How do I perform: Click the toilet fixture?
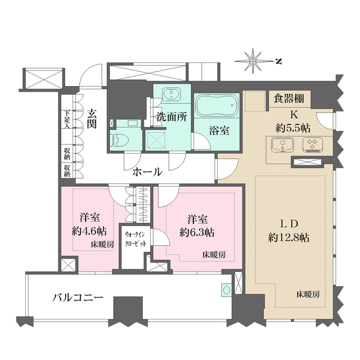tap(118, 139)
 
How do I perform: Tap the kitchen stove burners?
tap(311, 146)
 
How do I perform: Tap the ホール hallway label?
tap(147, 172)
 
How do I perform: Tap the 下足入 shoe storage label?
tap(66, 120)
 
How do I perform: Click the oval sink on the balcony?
tap(226, 291)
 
